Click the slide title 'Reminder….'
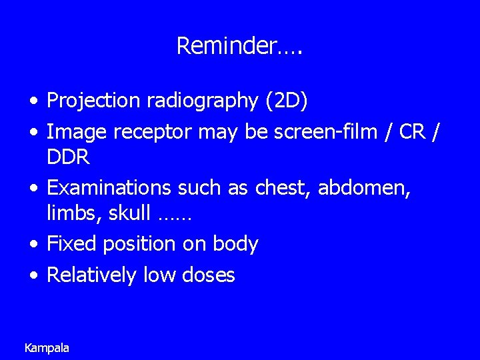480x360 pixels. coord(239,46)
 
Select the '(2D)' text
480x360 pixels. coord(287,101)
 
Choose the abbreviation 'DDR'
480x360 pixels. coord(67,157)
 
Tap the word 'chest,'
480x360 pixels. coord(283,188)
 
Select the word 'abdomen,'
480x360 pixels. coord(365,188)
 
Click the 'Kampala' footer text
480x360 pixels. coord(47,347)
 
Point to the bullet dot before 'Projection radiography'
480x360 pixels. coord(33,102)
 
